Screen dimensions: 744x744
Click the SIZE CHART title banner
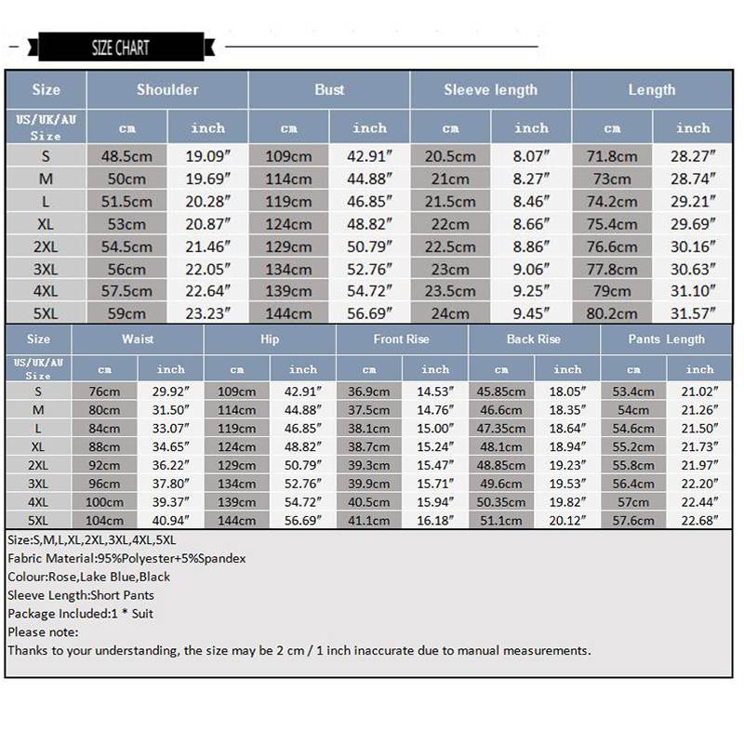[x=120, y=47]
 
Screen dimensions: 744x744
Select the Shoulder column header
[x=167, y=90]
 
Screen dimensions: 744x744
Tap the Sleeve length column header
[x=490, y=90]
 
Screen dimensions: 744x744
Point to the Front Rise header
[x=402, y=339]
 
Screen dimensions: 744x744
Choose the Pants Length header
[x=666, y=339]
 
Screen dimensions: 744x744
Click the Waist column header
[x=138, y=339]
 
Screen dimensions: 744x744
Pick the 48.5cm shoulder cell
[x=126, y=156]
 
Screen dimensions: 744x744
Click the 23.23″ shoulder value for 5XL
[x=207, y=314]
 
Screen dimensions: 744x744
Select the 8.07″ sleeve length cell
[x=531, y=156]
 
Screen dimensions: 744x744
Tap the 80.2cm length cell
[x=612, y=314]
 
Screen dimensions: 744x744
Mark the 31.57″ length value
[x=693, y=314]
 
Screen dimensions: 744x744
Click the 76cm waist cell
[x=104, y=392]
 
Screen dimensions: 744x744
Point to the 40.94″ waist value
[x=170, y=521]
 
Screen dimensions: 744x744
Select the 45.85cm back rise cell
[x=501, y=392]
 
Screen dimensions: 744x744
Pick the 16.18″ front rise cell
[x=434, y=521]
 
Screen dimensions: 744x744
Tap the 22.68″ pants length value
[x=699, y=521]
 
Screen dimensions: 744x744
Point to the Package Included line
[x=81, y=614]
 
